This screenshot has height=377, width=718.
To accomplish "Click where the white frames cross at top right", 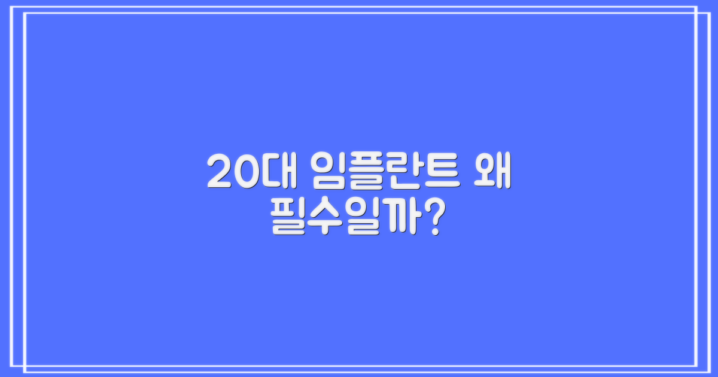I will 696,13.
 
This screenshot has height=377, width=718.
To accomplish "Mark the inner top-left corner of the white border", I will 25,13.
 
